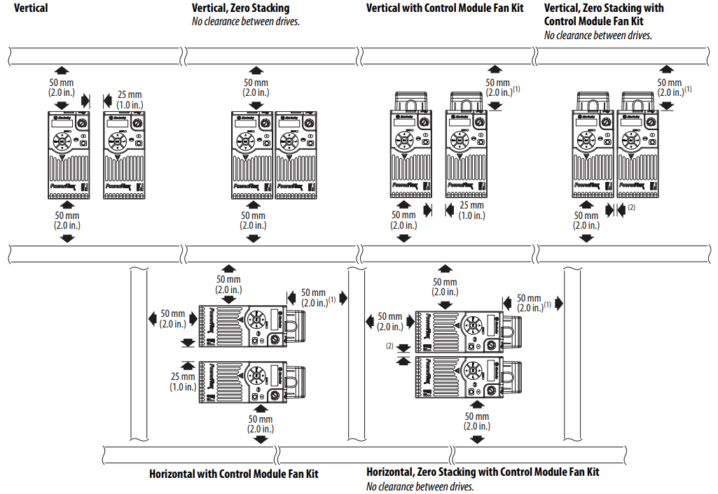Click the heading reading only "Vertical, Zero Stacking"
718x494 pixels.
[x=240, y=8]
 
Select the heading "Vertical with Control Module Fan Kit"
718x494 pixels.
[x=445, y=8]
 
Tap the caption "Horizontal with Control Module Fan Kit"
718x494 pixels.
[x=233, y=474]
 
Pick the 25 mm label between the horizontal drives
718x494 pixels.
[x=184, y=381]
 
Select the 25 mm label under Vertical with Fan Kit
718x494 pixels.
[x=471, y=211]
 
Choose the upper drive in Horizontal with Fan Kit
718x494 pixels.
[x=249, y=326]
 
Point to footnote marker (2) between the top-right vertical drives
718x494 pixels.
[x=631, y=207]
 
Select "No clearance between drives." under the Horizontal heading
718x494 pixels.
[x=420, y=487]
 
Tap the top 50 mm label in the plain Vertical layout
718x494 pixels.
[x=62, y=87]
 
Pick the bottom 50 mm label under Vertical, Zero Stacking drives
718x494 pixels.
[x=254, y=220]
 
